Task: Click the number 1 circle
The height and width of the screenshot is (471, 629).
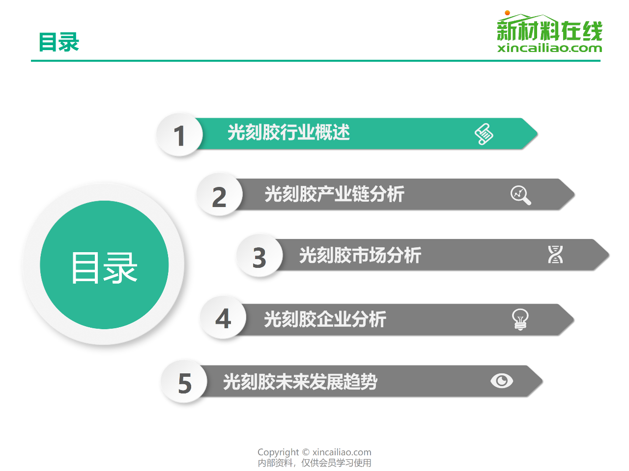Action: coord(179,135)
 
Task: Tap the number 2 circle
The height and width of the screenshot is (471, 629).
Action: coord(220,195)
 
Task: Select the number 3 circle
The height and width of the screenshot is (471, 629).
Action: coord(259,256)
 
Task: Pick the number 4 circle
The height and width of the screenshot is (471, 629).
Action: coord(223,318)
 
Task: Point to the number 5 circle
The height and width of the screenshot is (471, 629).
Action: coord(184,382)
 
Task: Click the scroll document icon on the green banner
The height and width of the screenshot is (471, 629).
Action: coord(484,134)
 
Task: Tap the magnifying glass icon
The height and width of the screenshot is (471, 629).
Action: coord(521,195)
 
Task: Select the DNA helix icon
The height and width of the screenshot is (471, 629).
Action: coord(555,254)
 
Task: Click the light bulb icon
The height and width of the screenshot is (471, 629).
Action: coord(520,319)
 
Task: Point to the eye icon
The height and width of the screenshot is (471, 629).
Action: coord(502,381)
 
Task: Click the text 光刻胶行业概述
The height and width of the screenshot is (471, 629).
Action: coord(288,132)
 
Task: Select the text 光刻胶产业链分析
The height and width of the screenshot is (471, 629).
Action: coord(335,194)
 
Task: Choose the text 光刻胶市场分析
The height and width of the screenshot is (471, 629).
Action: coord(360,255)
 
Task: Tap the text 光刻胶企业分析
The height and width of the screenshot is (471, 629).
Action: coord(325,319)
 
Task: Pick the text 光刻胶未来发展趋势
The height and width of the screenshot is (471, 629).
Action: coord(300,382)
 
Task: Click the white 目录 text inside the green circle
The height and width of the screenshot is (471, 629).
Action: coord(104,268)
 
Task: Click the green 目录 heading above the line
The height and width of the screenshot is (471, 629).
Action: coord(59,42)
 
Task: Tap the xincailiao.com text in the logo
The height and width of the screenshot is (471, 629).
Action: coord(549,48)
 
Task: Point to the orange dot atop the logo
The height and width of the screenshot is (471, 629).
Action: coord(507,13)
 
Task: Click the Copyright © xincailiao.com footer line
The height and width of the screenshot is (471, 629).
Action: coord(314,452)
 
